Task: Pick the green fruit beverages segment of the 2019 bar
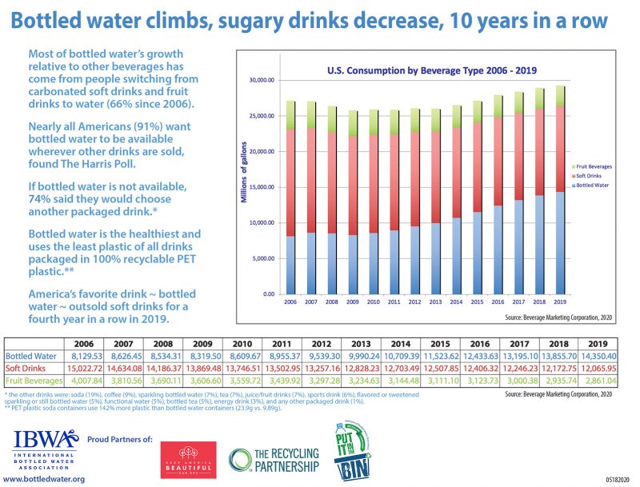[559, 96]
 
